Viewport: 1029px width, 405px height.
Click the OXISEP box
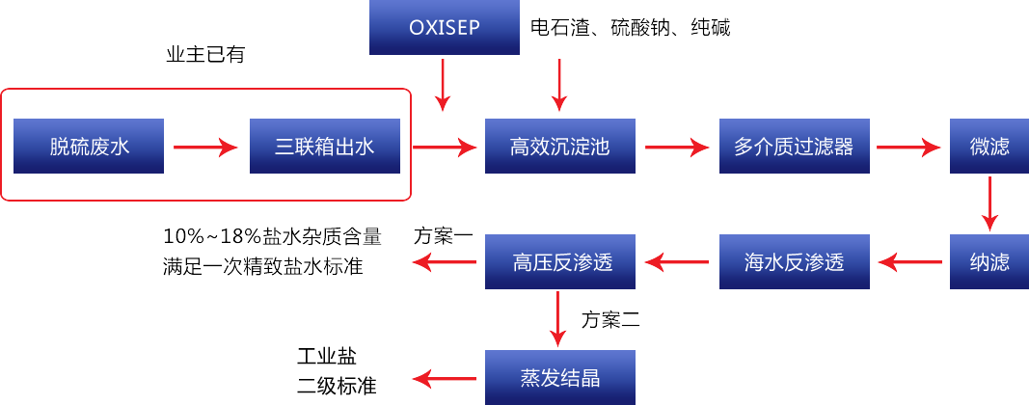tap(444, 26)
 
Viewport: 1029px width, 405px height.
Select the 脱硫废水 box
tap(89, 146)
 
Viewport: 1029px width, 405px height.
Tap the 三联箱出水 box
tap(324, 146)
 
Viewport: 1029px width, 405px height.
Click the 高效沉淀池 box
tap(560, 146)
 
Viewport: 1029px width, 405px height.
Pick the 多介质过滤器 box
tap(794, 146)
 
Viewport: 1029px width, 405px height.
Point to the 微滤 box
tap(989, 146)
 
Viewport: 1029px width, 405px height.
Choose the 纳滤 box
tap(989, 260)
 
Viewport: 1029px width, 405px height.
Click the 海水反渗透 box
tap(794, 260)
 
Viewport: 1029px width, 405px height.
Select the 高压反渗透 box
tap(560, 260)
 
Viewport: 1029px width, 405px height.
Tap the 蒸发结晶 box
tap(560, 377)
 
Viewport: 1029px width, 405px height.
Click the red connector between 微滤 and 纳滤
tap(989, 203)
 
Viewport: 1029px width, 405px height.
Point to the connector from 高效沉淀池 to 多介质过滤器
tap(678, 147)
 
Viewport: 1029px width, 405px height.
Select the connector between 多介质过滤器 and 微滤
tap(909, 147)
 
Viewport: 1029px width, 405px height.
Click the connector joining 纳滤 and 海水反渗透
tap(909, 261)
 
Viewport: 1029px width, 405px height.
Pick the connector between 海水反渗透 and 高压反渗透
tap(678, 261)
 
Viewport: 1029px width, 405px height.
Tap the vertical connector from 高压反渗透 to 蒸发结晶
tap(558, 319)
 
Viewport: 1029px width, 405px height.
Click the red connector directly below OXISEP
tap(443, 85)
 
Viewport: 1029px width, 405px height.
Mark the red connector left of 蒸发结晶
tap(444, 378)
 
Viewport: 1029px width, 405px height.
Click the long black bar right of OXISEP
tap(631, 27)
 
